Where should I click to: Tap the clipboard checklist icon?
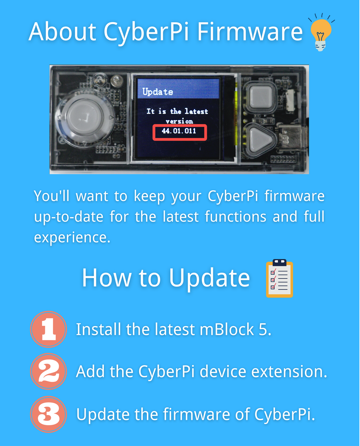(280, 278)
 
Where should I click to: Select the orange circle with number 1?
(48, 329)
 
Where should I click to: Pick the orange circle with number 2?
(48, 371)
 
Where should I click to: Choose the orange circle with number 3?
(48, 414)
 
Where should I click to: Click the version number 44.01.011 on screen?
(179, 131)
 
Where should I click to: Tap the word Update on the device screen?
(158, 92)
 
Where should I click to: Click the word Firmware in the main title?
(250, 32)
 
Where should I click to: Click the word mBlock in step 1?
(227, 329)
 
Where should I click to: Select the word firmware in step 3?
(196, 414)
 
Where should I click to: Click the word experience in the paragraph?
(72, 238)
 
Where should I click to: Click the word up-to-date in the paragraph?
(69, 217)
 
